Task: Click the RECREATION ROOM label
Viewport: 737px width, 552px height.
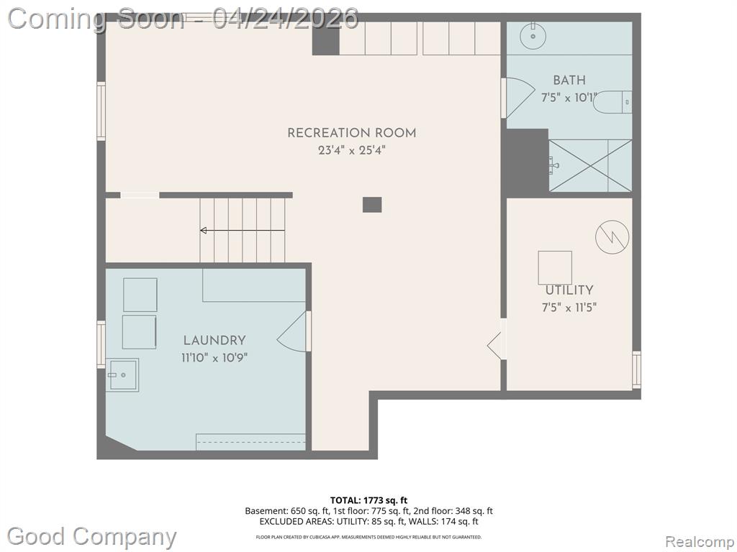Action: tap(351, 133)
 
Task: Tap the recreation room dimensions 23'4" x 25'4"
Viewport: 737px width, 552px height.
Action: tap(351, 150)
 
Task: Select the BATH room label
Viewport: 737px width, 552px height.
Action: tap(569, 80)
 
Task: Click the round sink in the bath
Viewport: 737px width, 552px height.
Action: tap(533, 35)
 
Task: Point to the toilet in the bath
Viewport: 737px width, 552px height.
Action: tap(612, 102)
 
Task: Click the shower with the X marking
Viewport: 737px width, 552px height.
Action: tap(590, 165)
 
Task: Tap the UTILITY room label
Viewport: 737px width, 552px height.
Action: tap(569, 290)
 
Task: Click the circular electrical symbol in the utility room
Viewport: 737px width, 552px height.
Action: tap(612, 236)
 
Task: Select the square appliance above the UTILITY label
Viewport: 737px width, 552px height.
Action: tap(555, 267)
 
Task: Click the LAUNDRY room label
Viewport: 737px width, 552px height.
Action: tap(214, 340)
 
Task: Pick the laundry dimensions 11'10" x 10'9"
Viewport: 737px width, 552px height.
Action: tap(214, 358)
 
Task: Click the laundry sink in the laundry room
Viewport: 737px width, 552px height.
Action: tap(122, 374)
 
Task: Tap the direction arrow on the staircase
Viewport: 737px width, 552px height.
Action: tap(242, 231)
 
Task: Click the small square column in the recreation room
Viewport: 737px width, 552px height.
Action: tap(372, 205)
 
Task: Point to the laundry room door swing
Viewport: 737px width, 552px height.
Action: tap(292, 331)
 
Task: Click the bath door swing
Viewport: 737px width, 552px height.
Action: tap(520, 98)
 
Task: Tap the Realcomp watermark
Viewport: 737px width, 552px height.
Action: tap(700, 542)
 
